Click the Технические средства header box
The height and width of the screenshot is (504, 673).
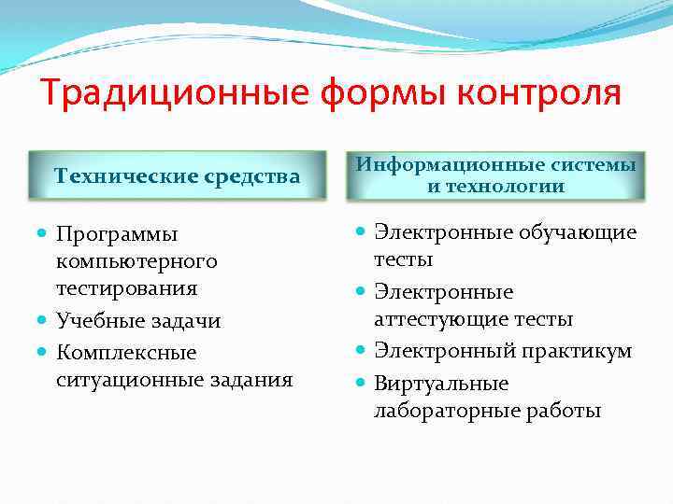[177, 175]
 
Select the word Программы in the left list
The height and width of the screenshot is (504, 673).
[116, 233]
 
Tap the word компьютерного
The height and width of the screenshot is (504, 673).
[136, 260]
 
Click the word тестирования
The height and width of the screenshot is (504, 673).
[126, 287]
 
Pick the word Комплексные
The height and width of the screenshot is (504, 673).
[126, 353]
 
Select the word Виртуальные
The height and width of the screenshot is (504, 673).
[441, 384]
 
